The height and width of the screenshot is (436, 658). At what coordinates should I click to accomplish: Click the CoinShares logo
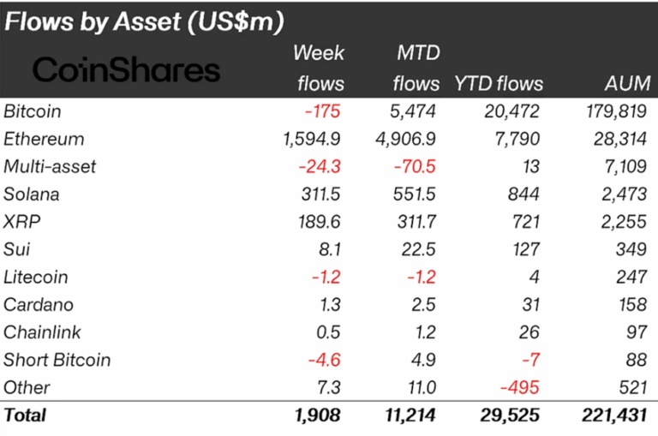126,69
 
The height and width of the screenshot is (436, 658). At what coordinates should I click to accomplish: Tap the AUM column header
627,84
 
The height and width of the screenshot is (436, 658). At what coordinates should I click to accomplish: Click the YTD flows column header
500,84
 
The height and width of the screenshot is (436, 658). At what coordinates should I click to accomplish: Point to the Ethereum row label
44,139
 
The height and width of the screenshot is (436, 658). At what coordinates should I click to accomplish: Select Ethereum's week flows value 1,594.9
313,139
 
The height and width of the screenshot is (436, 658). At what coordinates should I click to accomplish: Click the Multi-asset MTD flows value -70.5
416,166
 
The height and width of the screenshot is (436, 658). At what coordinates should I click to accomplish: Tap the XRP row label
22,222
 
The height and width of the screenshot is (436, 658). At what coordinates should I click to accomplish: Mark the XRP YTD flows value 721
524,222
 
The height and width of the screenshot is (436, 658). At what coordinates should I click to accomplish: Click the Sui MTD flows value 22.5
421,249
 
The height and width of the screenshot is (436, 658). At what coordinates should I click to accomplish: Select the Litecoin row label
36,277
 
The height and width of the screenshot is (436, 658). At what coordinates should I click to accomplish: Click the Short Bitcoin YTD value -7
531,360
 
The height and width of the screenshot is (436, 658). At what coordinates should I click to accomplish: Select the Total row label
26,416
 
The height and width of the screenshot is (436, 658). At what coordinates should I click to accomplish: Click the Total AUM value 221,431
617,416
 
